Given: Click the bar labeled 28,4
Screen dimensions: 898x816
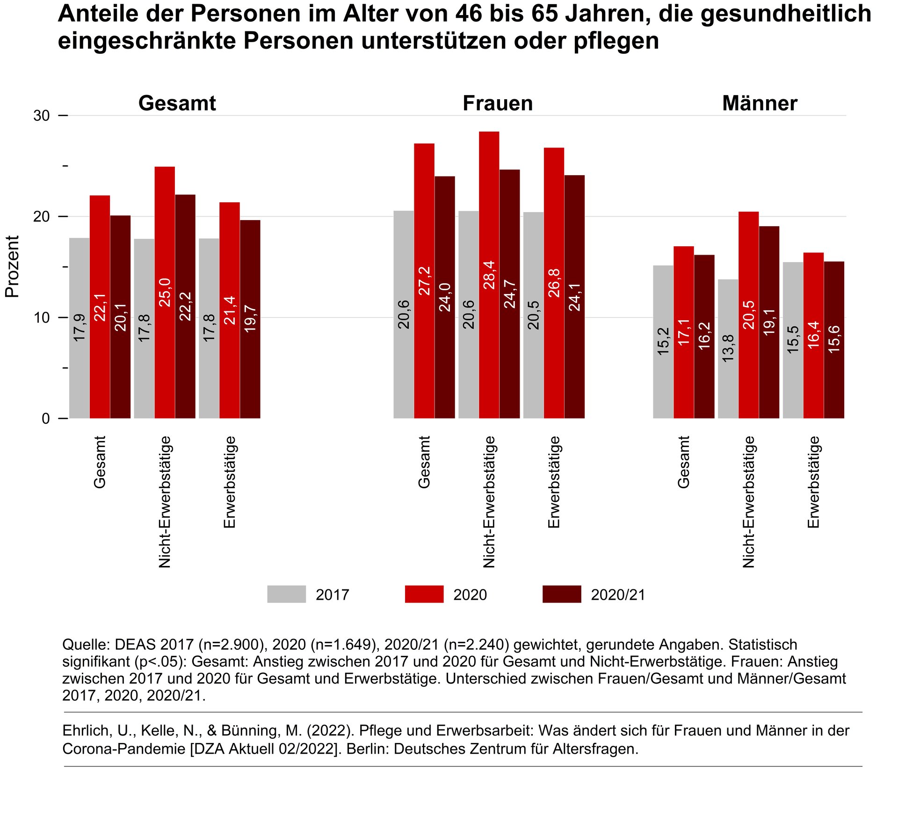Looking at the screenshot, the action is (x=489, y=275).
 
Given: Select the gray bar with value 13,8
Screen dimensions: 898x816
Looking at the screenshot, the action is (x=728, y=349).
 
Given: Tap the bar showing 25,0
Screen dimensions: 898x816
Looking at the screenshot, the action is (x=165, y=292).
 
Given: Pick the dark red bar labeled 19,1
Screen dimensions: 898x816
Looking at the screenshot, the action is (x=769, y=322).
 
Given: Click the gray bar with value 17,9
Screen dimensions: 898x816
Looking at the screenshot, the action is (x=80, y=328).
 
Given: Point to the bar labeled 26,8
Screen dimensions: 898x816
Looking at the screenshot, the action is (x=554, y=283).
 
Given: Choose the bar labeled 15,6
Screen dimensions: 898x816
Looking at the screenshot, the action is (x=834, y=340).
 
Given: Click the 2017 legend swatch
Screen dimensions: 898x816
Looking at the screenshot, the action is (x=286, y=594).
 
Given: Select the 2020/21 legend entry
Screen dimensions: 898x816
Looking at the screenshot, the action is (x=594, y=594).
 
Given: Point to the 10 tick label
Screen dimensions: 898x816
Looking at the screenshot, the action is (x=42, y=317).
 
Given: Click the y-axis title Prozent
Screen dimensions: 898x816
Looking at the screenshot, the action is (x=12, y=266).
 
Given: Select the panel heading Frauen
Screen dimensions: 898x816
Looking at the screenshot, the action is (x=498, y=103).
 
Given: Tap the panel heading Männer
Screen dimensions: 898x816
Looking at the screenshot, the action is (x=760, y=103).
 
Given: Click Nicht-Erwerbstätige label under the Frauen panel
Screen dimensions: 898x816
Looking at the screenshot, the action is (x=489, y=502).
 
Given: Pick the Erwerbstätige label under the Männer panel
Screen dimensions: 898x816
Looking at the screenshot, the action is (x=813, y=482).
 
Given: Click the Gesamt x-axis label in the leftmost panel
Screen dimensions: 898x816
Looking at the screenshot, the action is (x=100, y=462).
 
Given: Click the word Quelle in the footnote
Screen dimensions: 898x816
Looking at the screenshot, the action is (x=86, y=645).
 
